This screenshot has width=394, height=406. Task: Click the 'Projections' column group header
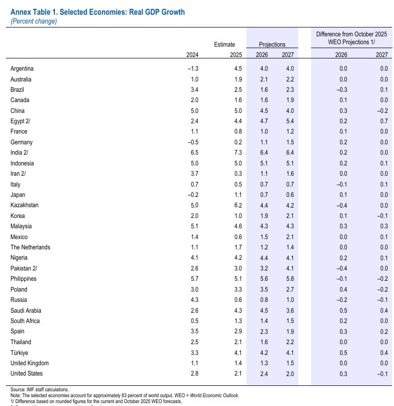pos(272,45)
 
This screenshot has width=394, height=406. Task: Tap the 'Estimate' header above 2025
pos(224,45)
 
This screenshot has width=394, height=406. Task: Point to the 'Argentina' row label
pos(22,69)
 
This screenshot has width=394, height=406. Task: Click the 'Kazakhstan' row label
pos(25,205)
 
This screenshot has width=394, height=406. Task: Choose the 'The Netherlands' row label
pos(30,247)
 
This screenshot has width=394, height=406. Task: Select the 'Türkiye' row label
pos(21,352)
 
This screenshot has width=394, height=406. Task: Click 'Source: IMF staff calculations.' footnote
pos(40,389)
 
